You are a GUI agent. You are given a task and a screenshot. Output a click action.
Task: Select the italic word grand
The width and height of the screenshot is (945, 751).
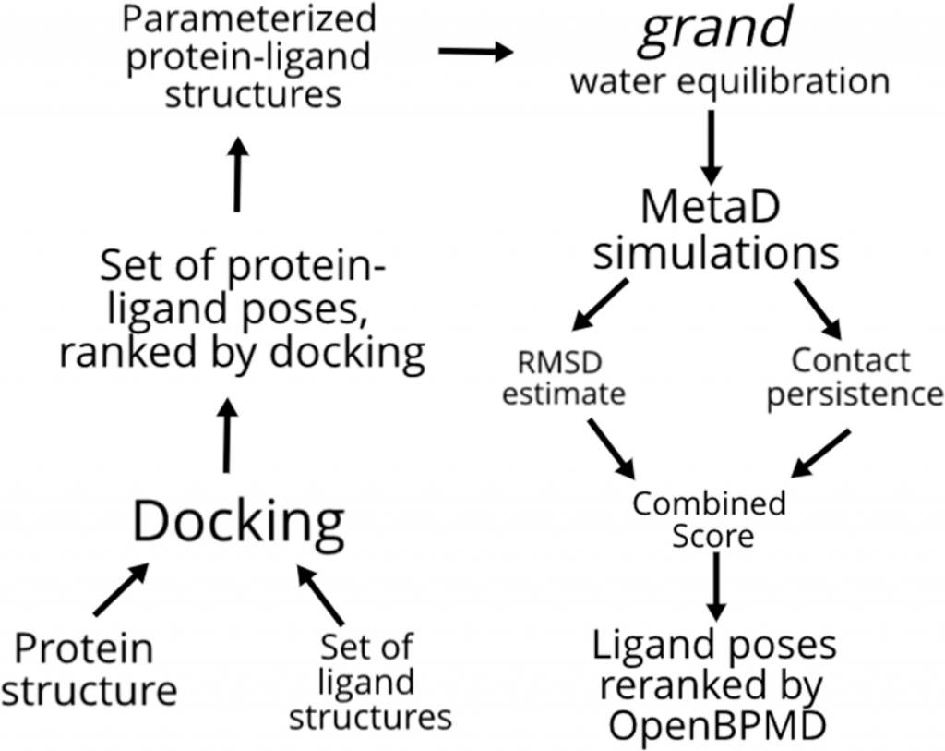[x=715, y=30]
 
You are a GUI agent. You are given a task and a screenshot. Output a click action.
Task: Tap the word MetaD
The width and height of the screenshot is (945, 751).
[x=711, y=206]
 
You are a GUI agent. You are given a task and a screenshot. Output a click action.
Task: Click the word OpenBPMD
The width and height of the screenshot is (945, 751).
[x=716, y=726]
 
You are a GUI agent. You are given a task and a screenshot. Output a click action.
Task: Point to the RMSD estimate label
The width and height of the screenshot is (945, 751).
[x=564, y=378]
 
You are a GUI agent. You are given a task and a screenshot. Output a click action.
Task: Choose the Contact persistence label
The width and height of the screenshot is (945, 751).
[x=854, y=378]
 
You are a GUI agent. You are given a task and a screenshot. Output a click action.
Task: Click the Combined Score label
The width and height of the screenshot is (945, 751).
[x=710, y=519]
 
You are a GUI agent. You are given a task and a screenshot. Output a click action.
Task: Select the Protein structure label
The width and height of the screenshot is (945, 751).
[x=89, y=670]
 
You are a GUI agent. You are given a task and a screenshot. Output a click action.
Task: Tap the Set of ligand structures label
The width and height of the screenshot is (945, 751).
[x=369, y=682]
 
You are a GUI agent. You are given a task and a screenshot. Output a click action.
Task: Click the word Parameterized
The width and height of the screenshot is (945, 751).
[x=249, y=18]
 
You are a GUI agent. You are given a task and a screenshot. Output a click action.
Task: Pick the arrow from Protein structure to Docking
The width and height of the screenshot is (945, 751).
[x=121, y=590]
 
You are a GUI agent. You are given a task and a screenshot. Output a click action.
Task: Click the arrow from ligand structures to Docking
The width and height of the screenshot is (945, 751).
[x=320, y=595]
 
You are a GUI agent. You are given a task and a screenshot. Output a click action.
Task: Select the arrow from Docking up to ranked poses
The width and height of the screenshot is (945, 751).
[x=227, y=435]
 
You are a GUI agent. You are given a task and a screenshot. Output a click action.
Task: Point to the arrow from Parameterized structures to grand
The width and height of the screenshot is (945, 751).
[x=476, y=52]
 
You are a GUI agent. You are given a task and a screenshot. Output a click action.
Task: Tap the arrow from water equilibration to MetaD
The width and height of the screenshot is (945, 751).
[x=712, y=147]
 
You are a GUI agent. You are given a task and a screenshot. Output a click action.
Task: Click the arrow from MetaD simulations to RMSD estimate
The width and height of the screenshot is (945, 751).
[x=600, y=305]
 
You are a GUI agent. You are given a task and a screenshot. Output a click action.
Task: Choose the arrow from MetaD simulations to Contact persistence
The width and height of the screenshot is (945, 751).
[x=818, y=309]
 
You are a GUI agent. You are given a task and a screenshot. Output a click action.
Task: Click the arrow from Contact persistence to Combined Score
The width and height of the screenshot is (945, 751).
[x=820, y=453]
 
